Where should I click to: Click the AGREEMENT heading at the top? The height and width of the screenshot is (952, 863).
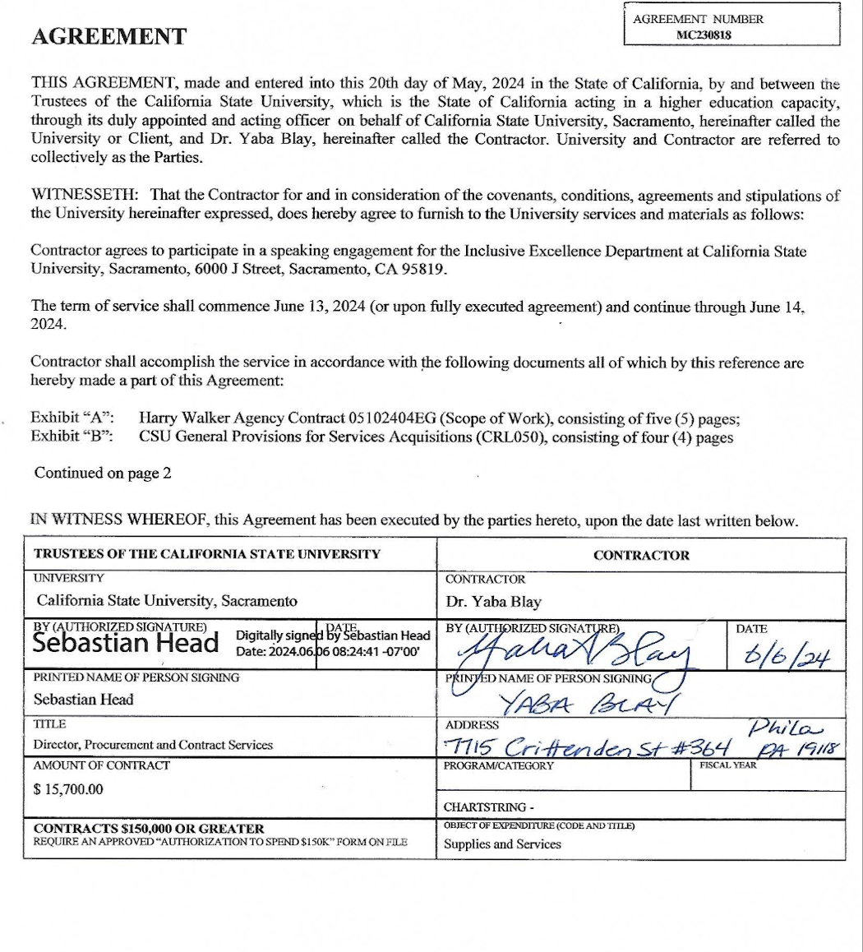point(108,37)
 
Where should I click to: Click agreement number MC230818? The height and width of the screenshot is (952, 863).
point(704,35)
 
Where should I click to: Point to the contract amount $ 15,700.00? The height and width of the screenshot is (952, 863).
point(69,788)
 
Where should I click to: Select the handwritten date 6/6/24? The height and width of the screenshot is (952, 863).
point(774,656)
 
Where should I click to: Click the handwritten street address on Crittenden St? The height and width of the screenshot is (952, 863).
point(587,746)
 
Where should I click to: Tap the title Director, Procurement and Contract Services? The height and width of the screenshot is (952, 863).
point(153,745)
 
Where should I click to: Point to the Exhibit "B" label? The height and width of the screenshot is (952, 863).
point(71,437)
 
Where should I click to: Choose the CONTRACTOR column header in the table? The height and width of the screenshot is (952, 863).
point(641,555)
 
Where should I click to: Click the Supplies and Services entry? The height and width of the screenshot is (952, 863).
point(502,843)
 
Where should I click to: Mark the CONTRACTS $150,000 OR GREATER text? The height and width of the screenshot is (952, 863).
point(149,828)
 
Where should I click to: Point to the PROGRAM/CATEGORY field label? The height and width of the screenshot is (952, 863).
point(498,765)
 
